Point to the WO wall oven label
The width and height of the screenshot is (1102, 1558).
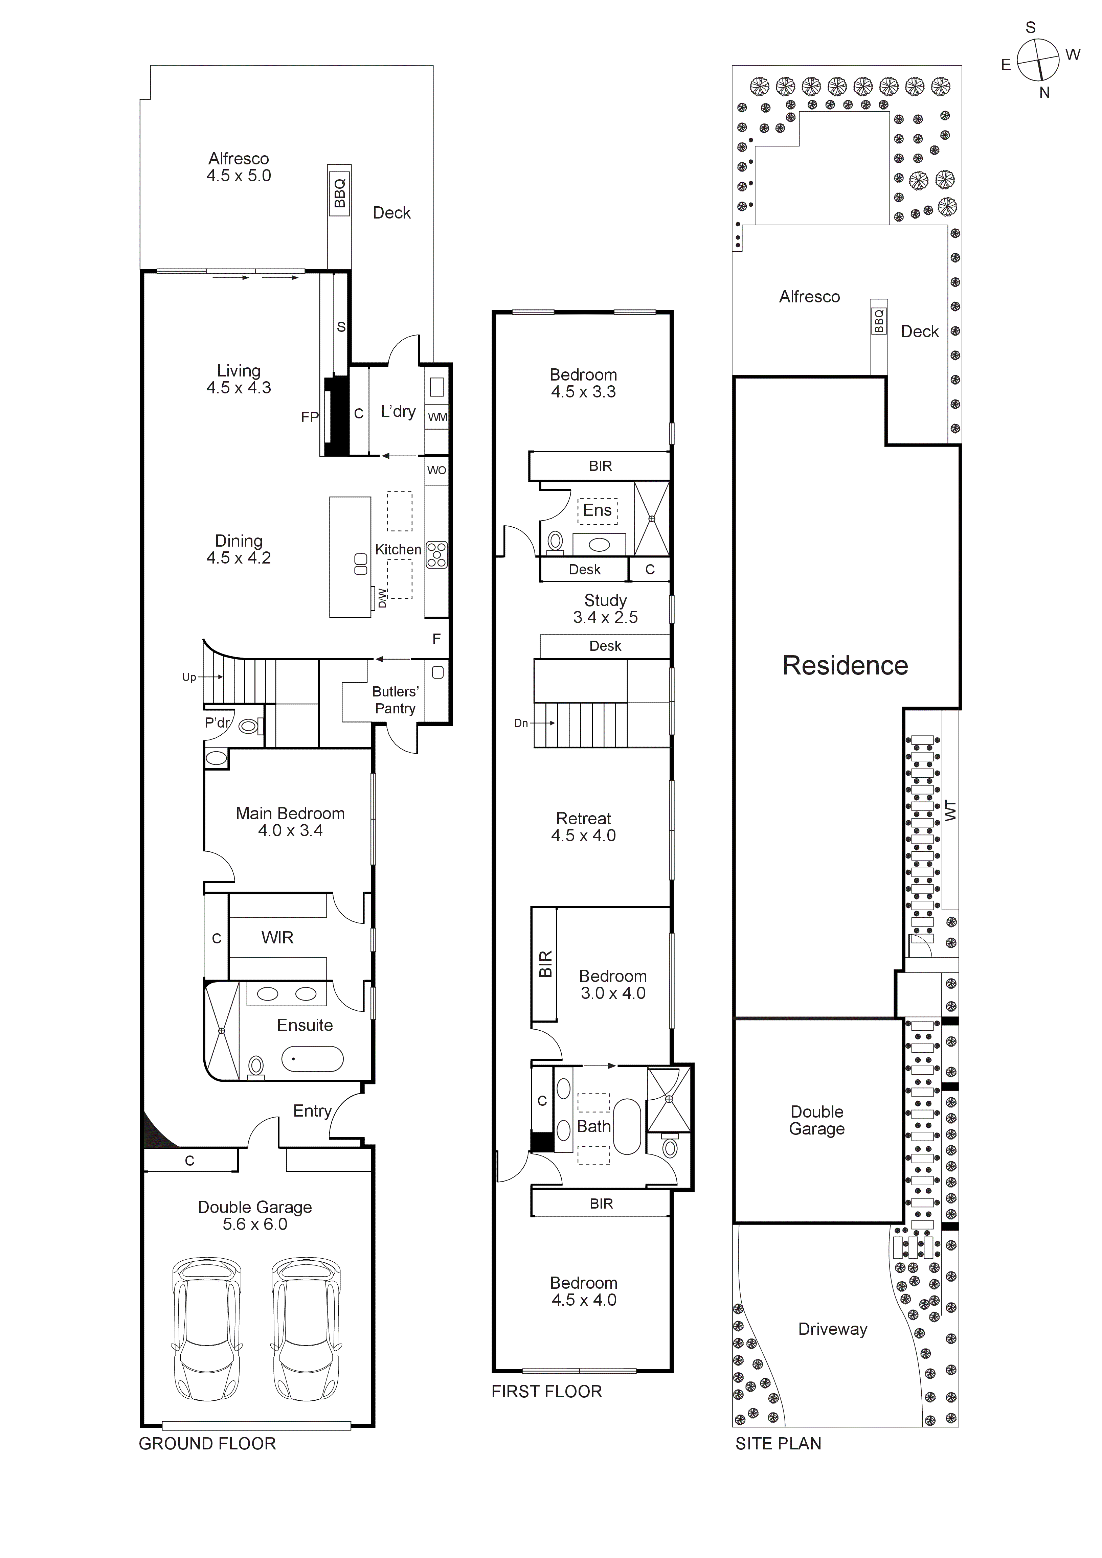pyautogui.click(x=436, y=470)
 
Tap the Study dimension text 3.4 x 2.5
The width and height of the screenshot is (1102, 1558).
pyautogui.click(x=605, y=618)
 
